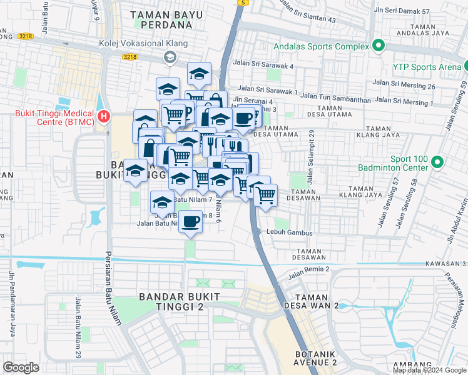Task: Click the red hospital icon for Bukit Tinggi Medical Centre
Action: pyautogui.click(x=104, y=116)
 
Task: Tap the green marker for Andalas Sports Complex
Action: pyautogui.click(x=378, y=46)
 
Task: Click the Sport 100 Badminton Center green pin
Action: pyautogui.click(x=437, y=162)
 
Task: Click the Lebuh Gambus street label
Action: pyautogui.click(x=288, y=232)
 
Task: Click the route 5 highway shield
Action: pyautogui.click(x=242, y=2)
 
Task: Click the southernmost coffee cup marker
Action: pyautogui.click(x=191, y=220)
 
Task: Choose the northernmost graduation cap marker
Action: pyautogui.click(x=199, y=74)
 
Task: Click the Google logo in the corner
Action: pyautogui.click(x=21, y=367)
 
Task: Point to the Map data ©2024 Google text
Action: pyautogui.click(x=429, y=370)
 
